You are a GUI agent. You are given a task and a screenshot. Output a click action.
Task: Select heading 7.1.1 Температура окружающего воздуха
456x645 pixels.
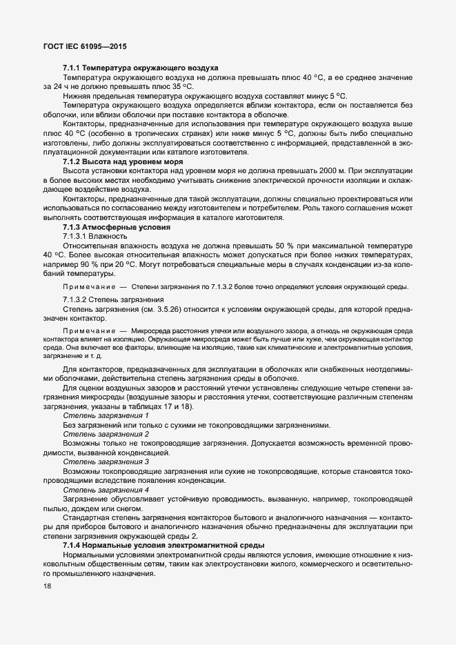141,68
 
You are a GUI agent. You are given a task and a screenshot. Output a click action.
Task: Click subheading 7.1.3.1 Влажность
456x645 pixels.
95,236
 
